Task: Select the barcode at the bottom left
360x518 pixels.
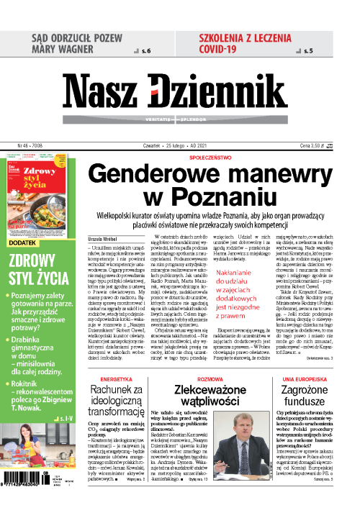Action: [36, 487]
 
